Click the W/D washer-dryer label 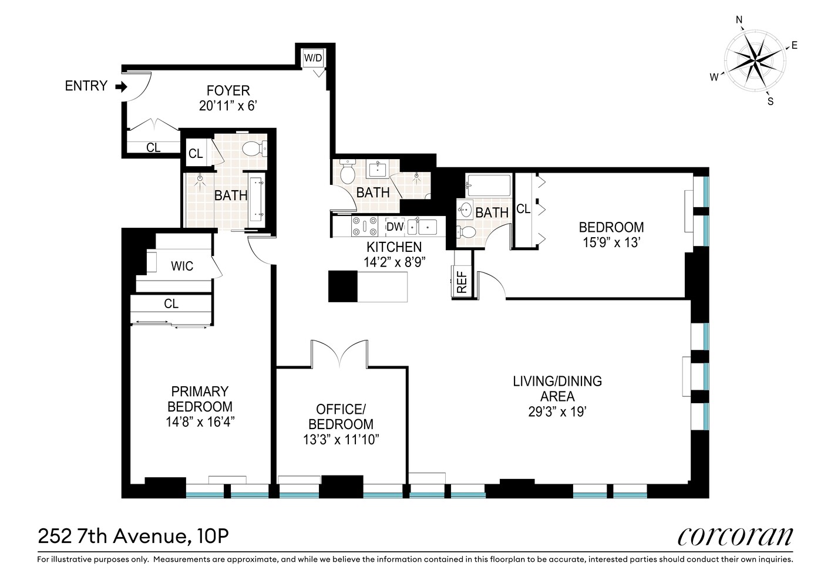point(312,58)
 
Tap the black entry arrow point(121,87)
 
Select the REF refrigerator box point(462,282)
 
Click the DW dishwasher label point(395,227)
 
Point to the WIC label point(182,266)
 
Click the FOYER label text point(228,91)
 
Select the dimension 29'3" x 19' point(557,411)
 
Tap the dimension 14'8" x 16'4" point(200,421)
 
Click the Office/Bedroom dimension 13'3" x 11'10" point(341,439)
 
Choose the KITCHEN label point(394,247)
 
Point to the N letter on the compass point(739,21)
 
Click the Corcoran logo point(735,536)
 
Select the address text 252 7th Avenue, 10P point(133,536)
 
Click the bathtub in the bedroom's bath point(489,185)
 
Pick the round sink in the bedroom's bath point(466,209)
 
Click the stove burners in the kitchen point(364,227)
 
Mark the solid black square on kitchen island point(342,286)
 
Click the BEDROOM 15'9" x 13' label point(611,234)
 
